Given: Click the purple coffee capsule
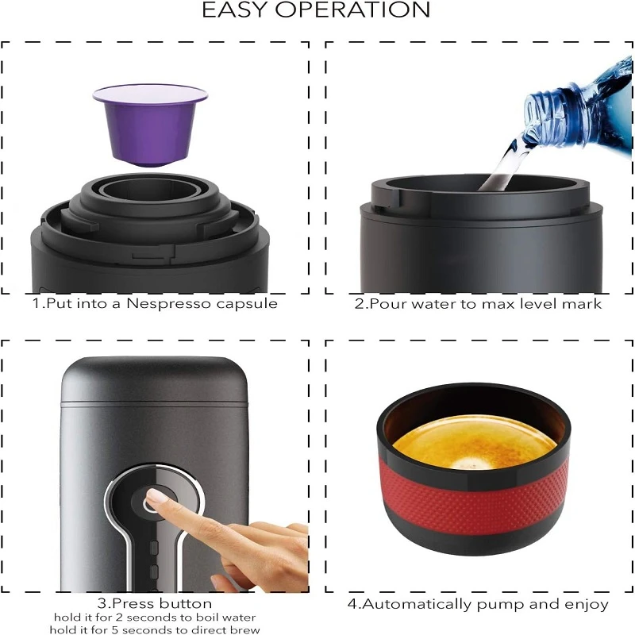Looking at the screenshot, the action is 150,125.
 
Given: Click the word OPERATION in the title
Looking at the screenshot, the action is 352,10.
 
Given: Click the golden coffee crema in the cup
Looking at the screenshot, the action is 475,442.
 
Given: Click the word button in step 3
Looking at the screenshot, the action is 185,603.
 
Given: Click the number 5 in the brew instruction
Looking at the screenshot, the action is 114,630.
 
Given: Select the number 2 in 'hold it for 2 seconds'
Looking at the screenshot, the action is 120,618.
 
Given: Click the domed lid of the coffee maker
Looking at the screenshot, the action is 154,380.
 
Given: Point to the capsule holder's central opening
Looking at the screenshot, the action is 150,190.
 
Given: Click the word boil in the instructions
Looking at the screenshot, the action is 205,618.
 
